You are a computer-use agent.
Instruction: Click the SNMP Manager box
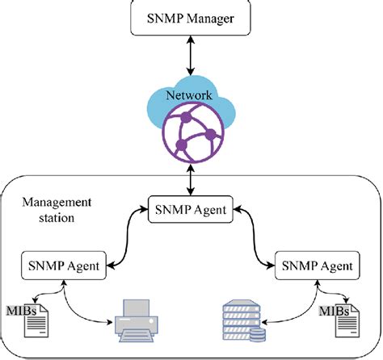tap(191, 18)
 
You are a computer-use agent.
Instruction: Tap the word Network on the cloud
tap(189, 95)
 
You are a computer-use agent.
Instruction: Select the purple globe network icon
tap(193, 133)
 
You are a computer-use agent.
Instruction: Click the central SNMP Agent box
tap(191, 209)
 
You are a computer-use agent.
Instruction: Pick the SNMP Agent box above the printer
tap(64, 266)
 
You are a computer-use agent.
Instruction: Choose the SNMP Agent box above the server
tap(318, 266)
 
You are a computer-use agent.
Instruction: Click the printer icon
tap(137, 320)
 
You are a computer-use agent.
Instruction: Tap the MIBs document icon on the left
tap(36, 320)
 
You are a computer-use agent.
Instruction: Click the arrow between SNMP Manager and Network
tap(191, 56)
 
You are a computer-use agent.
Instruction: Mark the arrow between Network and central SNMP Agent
tap(191, 180)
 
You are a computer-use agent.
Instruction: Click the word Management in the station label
tap(57, 203)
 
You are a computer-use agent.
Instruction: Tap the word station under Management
tap(57, 217)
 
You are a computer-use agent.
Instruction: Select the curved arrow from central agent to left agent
tap(127, 237)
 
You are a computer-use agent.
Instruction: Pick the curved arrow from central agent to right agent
tap(255, 237)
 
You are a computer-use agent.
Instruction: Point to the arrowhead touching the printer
tap(110, 322)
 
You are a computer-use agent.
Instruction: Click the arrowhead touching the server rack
tap(264, 322)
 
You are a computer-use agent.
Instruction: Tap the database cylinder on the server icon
tap(258, 335)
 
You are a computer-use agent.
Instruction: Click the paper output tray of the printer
tap(137, 337)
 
